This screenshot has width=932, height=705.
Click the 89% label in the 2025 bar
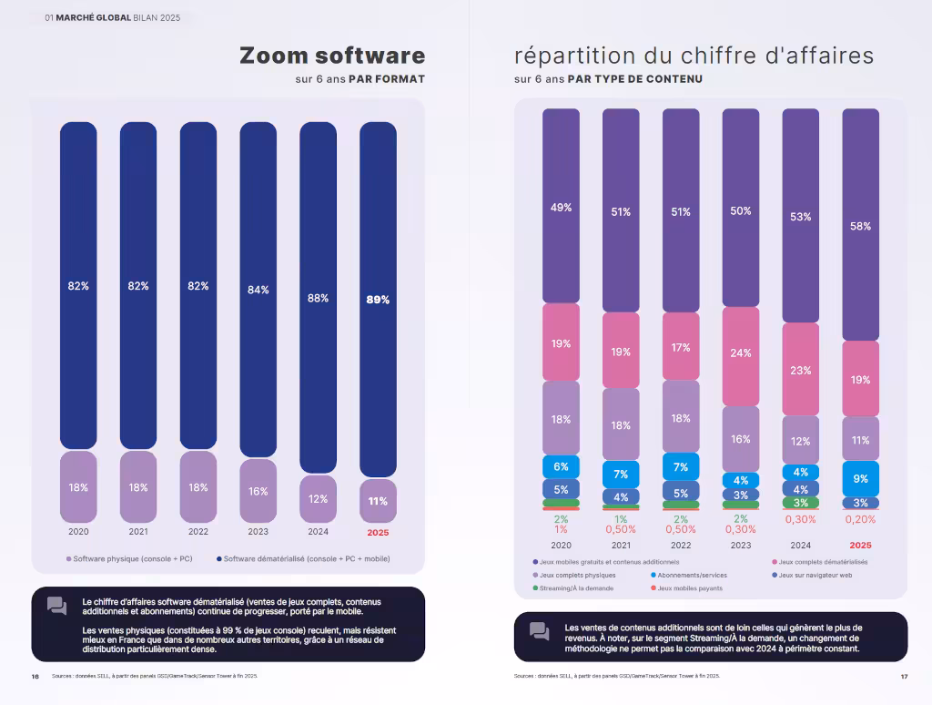click(x=378, y=300)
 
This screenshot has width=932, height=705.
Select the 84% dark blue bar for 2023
click(x=258, y=290)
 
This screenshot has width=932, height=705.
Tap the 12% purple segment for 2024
click(x=318, y=498)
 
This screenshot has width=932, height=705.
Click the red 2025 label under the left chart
click(x=378, y=532)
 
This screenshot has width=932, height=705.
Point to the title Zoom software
click(x=331, y=56)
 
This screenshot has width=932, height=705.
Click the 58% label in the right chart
click(x=860, y=226)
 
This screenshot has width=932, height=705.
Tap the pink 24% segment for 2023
click(x=741, y=353)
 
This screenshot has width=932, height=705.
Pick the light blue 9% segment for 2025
click(x=860, y=478)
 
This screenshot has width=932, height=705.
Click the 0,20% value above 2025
click(x=860, y=519)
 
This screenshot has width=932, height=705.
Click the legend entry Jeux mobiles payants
click(x=688, y=588)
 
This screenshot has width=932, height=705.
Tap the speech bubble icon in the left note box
click(x=56, y=606)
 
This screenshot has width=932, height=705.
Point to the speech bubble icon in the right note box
click(x=539, y=631)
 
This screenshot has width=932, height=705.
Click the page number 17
click(x=904, y=676)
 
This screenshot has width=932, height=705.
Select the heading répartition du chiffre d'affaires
click(x=694, y=56)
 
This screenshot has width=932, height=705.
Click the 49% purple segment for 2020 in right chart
click(x=561, y=208)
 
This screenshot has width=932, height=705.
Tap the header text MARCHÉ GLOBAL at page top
click(x=94, y=18)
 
